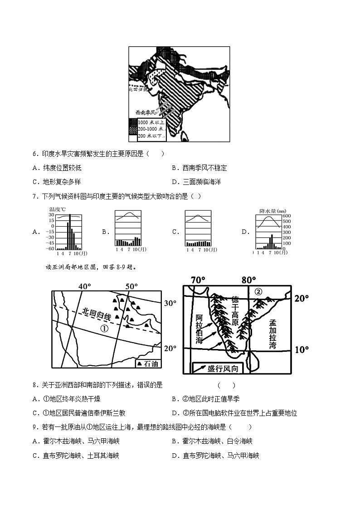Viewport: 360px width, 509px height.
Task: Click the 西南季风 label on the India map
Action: [146, 112]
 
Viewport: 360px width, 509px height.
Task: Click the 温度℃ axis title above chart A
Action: [57, 209]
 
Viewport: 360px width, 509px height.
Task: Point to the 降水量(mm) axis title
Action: [272, 210]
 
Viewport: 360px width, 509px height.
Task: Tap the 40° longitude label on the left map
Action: [85, 286]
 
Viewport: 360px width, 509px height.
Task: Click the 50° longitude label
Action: [131, 286]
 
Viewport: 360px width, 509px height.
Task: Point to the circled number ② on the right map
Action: [258, 291]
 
